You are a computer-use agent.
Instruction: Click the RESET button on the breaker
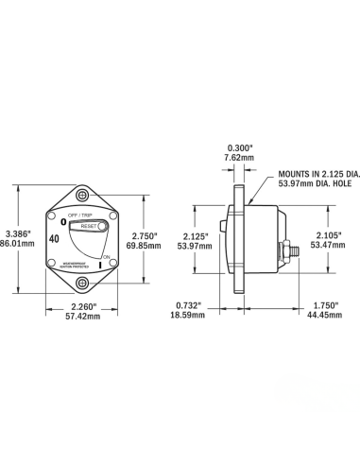[87, 227]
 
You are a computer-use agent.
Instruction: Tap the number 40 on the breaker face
[54, 239]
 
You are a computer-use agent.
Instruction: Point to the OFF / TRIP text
[80, 216]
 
